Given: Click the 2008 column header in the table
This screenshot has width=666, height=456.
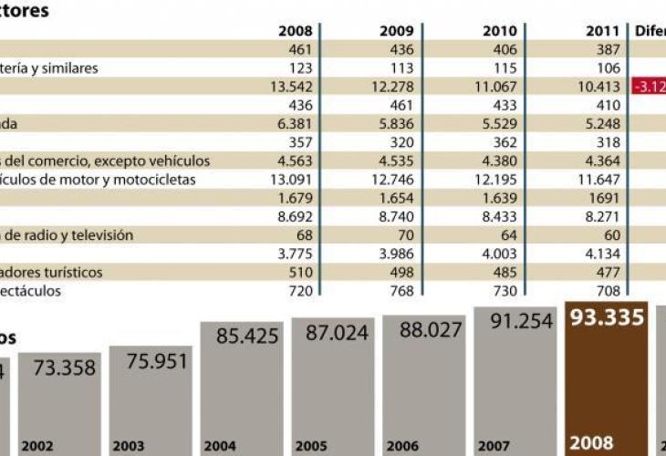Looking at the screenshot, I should tap(294, 31).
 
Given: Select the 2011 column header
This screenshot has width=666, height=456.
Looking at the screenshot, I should tap(602, 31).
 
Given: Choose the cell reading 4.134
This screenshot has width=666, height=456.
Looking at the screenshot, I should tap(600, 254).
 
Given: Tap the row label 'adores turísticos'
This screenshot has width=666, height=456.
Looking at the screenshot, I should tap(51, 273).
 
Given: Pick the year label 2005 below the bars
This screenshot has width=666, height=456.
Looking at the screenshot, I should tap(311, 447).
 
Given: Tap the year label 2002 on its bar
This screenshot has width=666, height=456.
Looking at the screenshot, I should tap(37, 447).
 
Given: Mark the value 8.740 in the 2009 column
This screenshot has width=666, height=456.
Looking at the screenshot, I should tap(391, 217).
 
